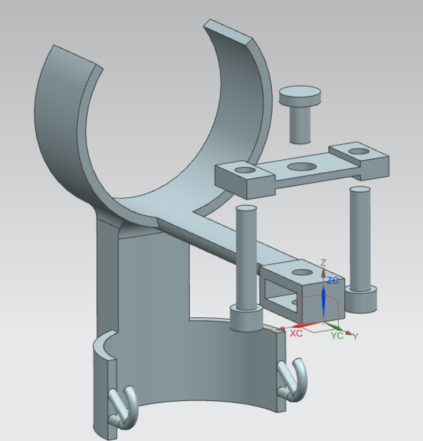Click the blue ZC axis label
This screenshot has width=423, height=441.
point(333,280)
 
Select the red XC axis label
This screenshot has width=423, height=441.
point(296,334)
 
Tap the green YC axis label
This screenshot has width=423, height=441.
point(337,335)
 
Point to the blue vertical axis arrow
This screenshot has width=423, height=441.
point(324,301)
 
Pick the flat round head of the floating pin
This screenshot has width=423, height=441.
point(300,96)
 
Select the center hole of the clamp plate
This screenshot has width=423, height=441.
point(300,167)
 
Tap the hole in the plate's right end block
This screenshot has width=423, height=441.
point(360,152)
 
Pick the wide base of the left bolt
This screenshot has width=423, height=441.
point(246,318)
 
